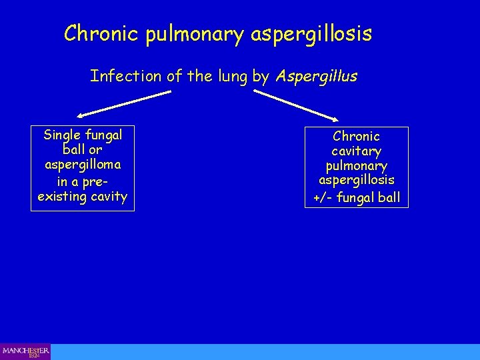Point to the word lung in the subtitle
point(233,77)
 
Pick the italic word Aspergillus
point(316,77)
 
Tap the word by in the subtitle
point(261,77)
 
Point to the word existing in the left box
point(63,197)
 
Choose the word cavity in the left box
point(107,197)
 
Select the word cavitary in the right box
point(357,151)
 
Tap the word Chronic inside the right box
point(357,136)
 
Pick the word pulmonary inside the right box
point(357,166)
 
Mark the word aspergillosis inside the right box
point(357,181)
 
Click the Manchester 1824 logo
point(25,351)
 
